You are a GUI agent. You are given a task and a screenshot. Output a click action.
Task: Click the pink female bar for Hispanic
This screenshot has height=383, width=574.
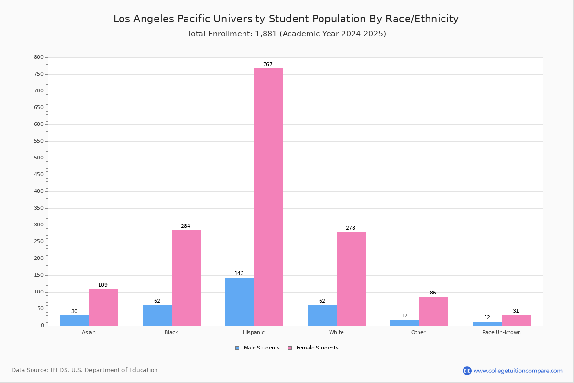(x=268, y=197)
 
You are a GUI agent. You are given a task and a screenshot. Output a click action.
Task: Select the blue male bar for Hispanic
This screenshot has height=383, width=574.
(x=240, y=302)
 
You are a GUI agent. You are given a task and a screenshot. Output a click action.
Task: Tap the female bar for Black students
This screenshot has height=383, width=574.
(x=186, y=278)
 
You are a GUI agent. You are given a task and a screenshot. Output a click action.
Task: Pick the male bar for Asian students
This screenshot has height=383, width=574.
(x=75, y=320)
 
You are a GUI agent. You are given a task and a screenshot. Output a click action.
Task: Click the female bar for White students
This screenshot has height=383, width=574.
(x=351, y=279)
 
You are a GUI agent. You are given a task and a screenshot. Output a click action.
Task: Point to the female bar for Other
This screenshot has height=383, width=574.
(x=433, y=311)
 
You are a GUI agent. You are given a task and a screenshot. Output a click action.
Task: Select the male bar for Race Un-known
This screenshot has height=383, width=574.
(x=487, y=324)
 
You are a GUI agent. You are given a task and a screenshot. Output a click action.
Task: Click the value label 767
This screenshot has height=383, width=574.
(x=268, y=65)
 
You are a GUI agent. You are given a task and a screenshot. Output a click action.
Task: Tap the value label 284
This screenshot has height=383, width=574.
(x=186, y=226)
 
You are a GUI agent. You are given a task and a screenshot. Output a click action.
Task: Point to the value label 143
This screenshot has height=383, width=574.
(x=239, y=274)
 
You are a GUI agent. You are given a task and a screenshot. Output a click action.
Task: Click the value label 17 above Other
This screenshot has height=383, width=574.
(x=405, y=316)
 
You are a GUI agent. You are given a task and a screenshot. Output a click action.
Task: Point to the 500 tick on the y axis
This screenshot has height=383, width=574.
(x=39, y=158)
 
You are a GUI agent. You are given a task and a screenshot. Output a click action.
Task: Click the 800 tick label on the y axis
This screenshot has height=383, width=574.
(x=39, y=57)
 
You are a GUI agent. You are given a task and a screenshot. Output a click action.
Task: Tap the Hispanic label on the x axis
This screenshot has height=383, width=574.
(x=254, y=332)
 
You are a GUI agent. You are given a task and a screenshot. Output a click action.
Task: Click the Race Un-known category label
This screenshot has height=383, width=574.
(x=501, y=332)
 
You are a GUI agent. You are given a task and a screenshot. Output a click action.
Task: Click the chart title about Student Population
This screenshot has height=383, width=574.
(x=286, y=19)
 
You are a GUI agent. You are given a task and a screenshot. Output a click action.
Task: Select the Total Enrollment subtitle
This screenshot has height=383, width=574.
(x=287, y=34)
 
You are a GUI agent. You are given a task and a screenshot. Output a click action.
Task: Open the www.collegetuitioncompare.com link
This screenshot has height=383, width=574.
(x=518, y=371)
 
